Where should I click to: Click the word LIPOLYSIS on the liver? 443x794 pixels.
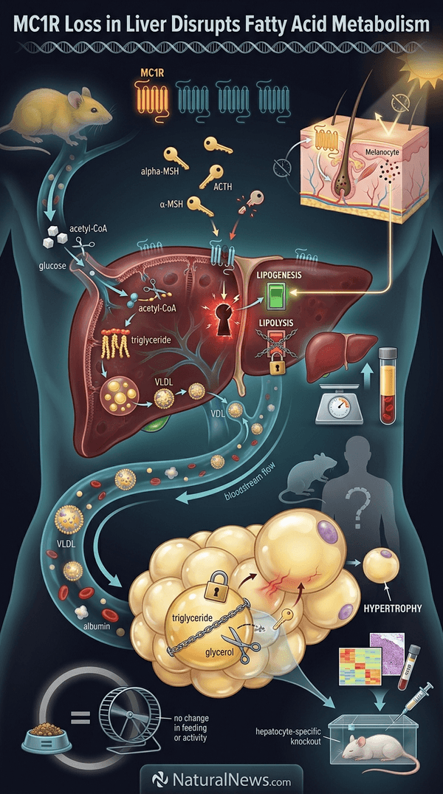tap(275, 321)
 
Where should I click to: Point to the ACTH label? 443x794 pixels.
tap(223, 188)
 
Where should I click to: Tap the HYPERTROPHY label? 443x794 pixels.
tap(392, 608)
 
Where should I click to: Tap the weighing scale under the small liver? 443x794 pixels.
tap(339, 402)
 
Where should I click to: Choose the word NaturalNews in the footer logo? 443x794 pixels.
tap(221, 780)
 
